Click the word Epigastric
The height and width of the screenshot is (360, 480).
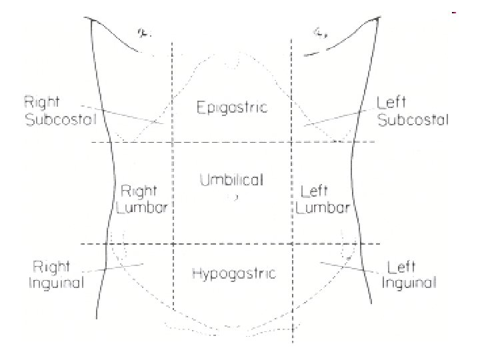[232, 107]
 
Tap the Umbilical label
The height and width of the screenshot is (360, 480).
[231, 180]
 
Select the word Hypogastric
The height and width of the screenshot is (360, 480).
[233, 273]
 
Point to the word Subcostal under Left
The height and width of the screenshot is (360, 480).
[413, 120]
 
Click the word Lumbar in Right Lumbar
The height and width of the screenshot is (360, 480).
[141, 207]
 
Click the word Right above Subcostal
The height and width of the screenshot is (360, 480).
[41, 103]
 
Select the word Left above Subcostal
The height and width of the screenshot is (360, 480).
[391, 103]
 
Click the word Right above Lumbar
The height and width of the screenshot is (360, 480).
[139, 191]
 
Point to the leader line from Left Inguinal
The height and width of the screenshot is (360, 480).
[347, 267]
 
